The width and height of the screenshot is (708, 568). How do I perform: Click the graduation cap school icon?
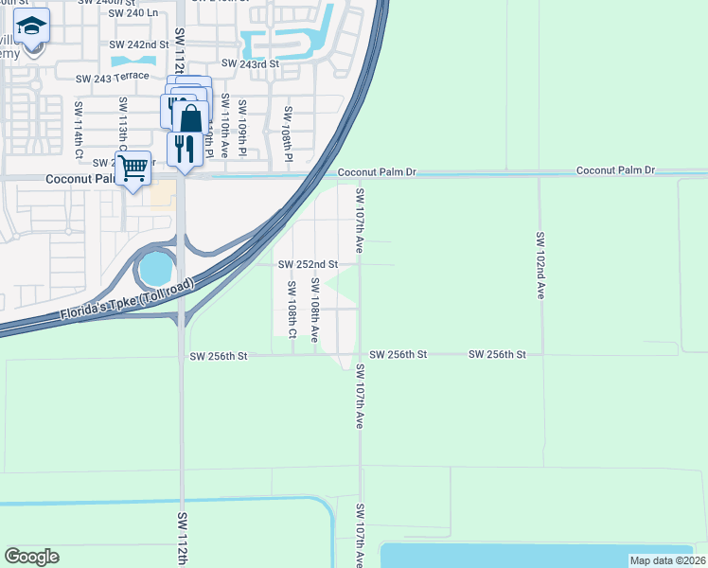[x=31, y=28]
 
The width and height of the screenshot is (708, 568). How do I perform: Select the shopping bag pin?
[x=190, y=118]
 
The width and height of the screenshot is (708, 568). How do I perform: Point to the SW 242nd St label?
[x=139, y=44]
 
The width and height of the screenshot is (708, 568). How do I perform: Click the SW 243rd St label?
[x=251, y=63]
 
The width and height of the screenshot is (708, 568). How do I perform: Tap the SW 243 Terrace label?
[x=113, y=77]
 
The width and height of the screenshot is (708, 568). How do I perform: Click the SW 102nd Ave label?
[x=540, y=266]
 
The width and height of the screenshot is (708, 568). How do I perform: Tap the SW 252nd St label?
[x=308, y=264]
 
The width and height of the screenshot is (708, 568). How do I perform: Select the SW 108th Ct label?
[x=292, y=310]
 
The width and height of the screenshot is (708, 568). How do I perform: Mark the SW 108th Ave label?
[x=314, y=309]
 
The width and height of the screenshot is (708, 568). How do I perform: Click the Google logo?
[x=31, y=556]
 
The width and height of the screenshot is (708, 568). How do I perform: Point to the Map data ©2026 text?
[x=666, y=560]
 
